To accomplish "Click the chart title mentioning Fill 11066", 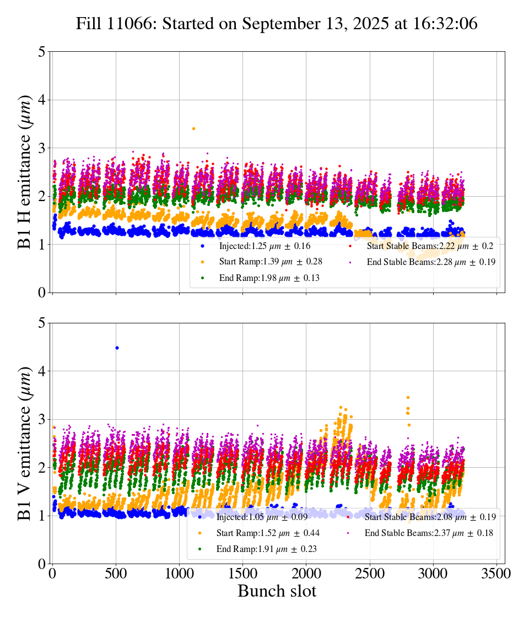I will pyautogui.click(x=277, y=24).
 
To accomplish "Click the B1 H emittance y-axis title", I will pyautogui.click(x=24, y=172).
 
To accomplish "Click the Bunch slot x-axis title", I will pyautogui.click(x=277, y=592).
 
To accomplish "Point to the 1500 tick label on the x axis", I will pyautogui.click(x=242, y=574).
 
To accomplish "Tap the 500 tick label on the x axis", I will pyautogui.click(x=116, y=574).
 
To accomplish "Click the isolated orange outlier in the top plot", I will pyautogui.click(x=193, y=128).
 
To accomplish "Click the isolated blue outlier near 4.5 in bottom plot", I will pyautogui.click(x=117, y=348).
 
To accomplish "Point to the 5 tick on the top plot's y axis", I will pyautogui.click(x=41, y=52).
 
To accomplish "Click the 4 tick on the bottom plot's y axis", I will pyautogui.click(x=41, y=371).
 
